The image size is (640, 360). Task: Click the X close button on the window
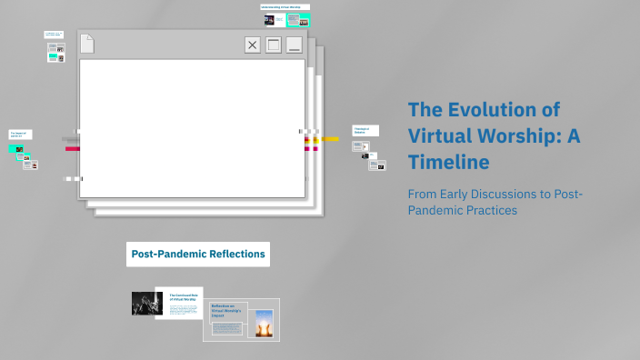click(252, 45)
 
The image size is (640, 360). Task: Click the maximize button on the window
click(273, 45)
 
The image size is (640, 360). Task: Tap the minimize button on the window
click(294, 45)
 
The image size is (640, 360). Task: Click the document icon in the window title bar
click(87, 44)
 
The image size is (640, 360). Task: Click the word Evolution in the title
click(492, 110)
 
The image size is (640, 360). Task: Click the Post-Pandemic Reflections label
click(197, 254)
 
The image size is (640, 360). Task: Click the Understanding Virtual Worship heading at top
click(285, 7)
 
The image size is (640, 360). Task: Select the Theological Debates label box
click(365, 131)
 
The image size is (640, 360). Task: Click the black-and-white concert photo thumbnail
click(146, 303)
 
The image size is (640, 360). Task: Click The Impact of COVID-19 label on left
click(19, 135)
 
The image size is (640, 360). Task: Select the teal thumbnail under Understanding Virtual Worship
click(296, 19)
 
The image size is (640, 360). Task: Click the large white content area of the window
click(191, 127)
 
